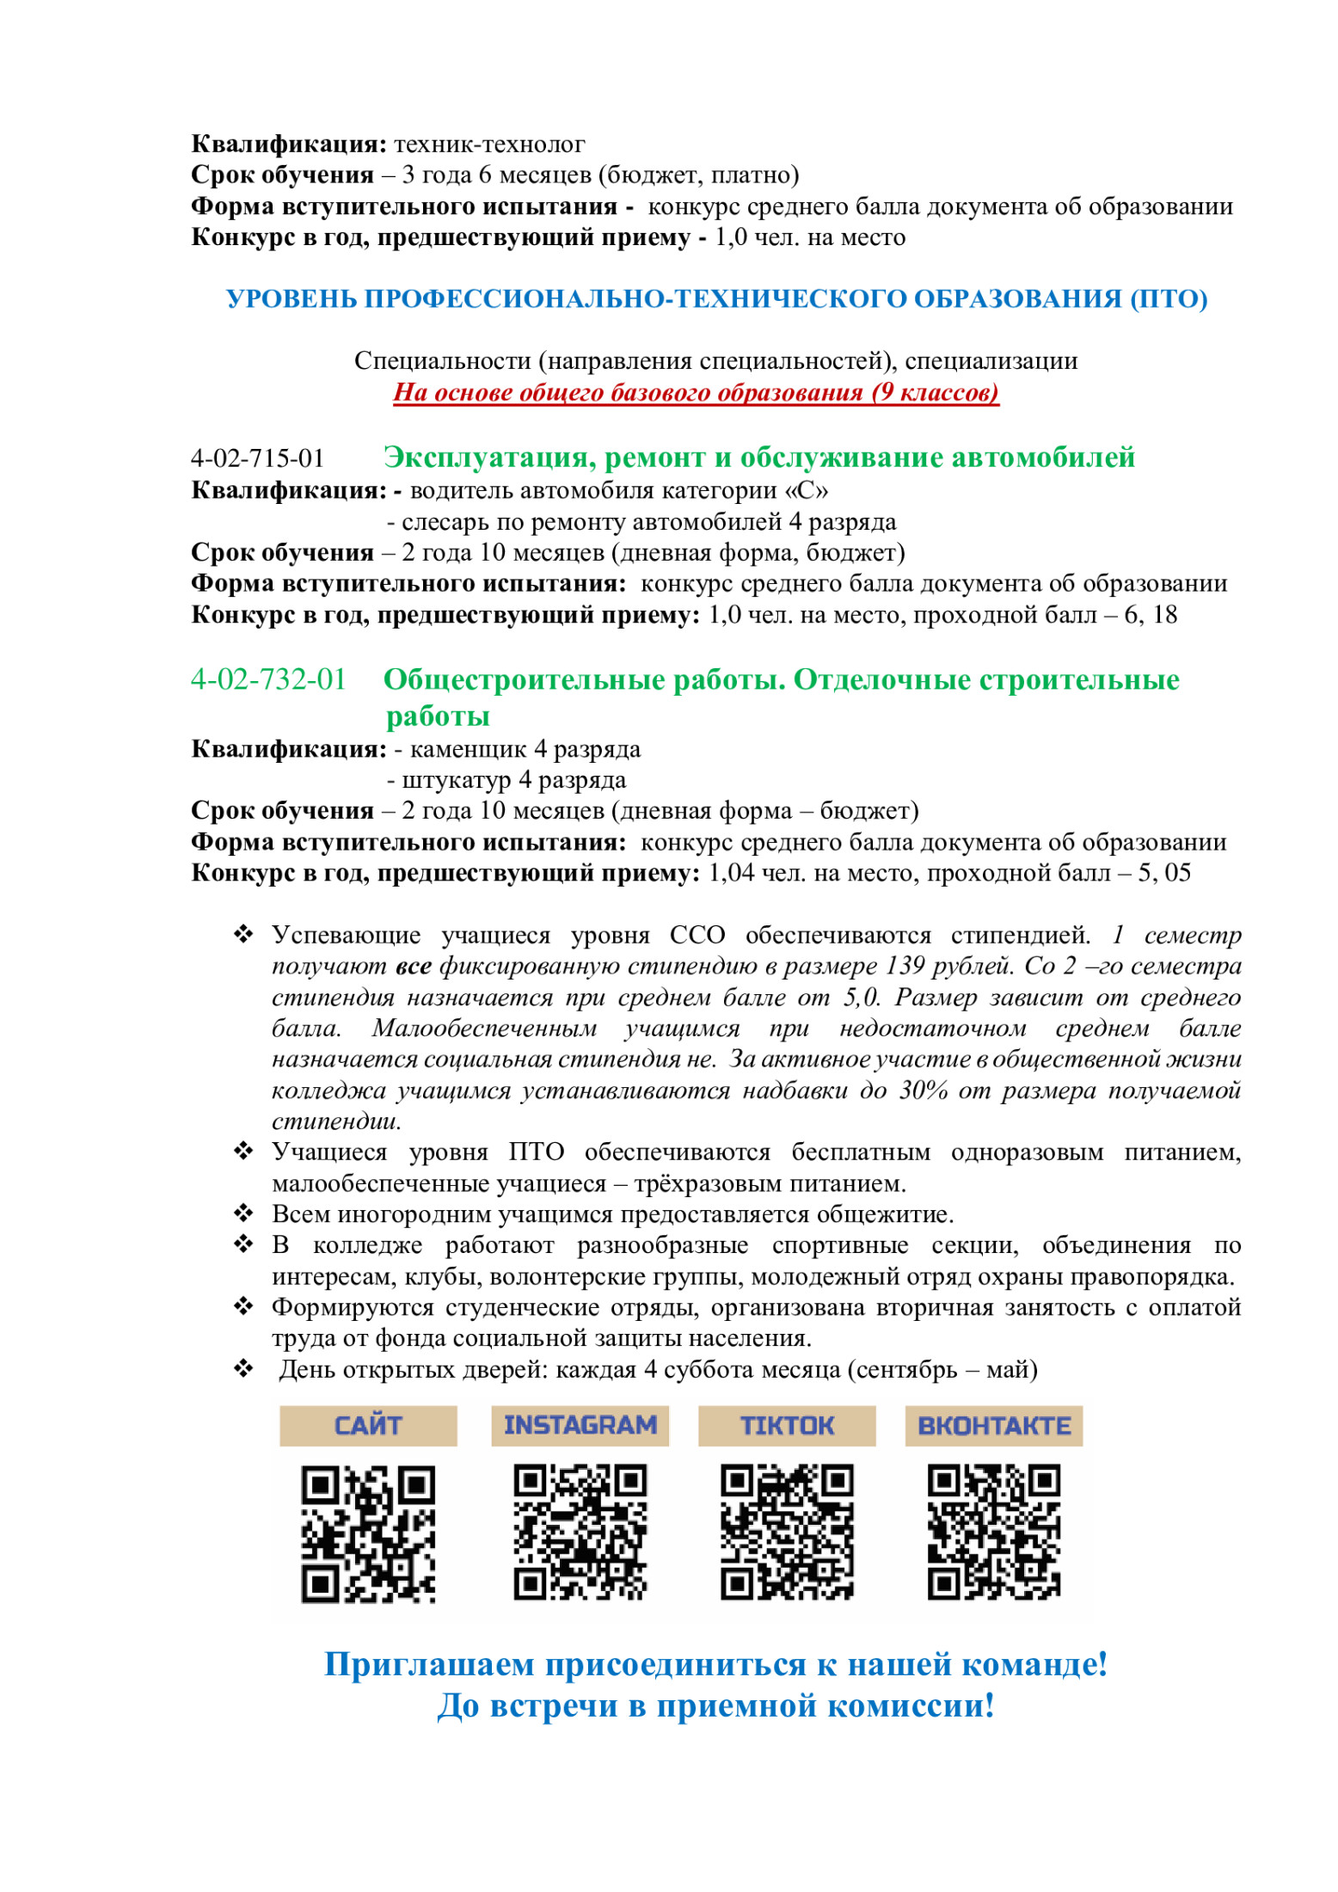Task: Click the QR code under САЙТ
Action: click(368, 1533)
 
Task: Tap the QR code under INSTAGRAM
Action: click(580, 1532)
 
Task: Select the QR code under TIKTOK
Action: click(787, 1532)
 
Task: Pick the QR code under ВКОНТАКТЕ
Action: click(993, 1532)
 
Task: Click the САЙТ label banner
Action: click(368, 1425)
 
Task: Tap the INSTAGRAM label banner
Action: click(580, 1425)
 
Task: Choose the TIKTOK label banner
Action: click(787, 1425)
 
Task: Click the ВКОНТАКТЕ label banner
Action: click(993, 1425)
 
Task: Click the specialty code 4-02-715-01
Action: click(257, 458)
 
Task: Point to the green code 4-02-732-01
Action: click(268, 679)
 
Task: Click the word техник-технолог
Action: click(489, 144)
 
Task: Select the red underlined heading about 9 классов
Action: click(696, 392)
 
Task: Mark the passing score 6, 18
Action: click(1151, 615)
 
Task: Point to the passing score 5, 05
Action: click(1164, 873)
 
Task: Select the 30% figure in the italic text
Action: click(924, 1090)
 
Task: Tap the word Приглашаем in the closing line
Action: click(430, 1665)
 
